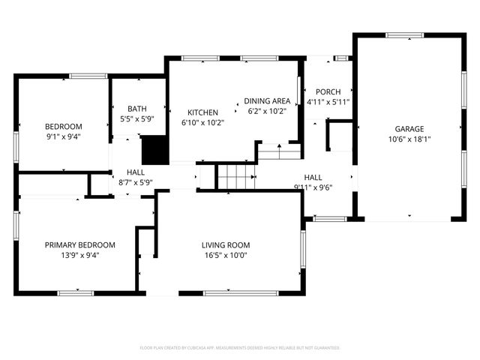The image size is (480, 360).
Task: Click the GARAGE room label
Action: point(410,128)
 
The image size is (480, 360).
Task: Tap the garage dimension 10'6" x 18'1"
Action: point(410,139)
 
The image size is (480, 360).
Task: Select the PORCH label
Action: point(328,91)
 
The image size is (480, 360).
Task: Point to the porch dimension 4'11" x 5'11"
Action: point(328,102)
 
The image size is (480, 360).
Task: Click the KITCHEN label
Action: point(202,112)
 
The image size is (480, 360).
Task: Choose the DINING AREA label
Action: point(267,101)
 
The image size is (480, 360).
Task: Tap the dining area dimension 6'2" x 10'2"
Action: point(267,112)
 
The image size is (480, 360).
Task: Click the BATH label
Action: point(136,108)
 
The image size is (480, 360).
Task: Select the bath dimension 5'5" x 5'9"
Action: point(136,118)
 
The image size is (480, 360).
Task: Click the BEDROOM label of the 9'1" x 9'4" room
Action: point(63,126)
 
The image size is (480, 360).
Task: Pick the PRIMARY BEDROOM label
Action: point(79,244)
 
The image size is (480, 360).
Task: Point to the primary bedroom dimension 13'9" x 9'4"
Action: point(79,255)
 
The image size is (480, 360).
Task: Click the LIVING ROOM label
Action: point(225,244)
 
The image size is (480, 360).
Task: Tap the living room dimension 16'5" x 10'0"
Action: point(225,255)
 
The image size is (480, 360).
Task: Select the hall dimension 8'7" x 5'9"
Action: point(136,182)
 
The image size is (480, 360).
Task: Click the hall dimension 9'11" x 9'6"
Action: point(313,187)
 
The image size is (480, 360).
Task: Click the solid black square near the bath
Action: point(154,149)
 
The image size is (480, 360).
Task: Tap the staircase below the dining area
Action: point(236,178)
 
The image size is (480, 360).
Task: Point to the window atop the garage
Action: point(404,35)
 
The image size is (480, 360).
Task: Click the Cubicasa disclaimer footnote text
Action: point(240,348)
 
